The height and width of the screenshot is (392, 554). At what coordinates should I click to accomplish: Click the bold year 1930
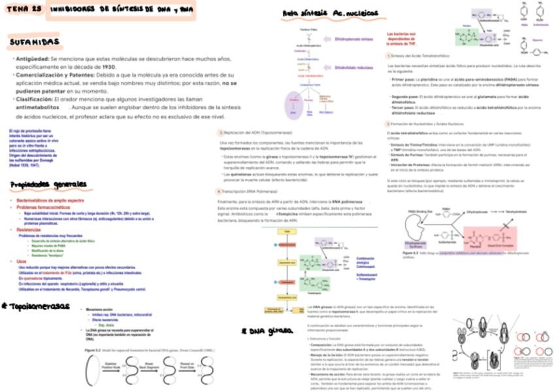pos(108,67)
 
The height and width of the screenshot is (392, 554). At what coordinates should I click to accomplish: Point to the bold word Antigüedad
pos(31,59)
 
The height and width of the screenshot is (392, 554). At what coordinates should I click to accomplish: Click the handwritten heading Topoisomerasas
pos(38,306)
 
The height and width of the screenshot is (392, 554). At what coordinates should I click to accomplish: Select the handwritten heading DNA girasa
pos(267,331)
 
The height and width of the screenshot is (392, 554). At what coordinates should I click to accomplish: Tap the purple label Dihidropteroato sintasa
pos(353,39)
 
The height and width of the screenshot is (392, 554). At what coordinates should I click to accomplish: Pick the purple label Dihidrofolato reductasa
pos(353,67)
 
